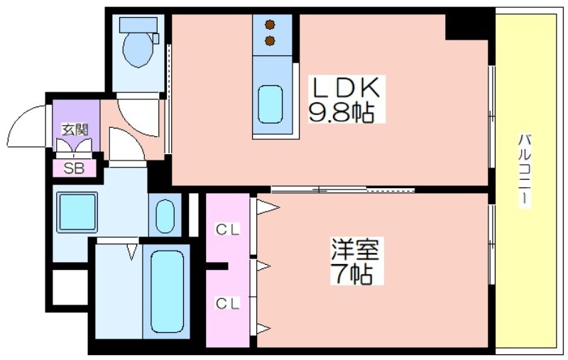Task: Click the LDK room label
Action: click(x=346, y=87)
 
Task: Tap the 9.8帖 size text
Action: click(x=342, y=111)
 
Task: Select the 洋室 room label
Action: click(x=355, y=249)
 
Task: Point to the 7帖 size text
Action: click(x=351, y=273)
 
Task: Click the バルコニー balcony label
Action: click(x=525, y=170)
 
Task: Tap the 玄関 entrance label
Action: click(x=75, y=130)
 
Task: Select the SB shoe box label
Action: click(x=74, y=168)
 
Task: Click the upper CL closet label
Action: click(x=228, y=229)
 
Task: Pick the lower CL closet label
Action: click(x=228, y=303)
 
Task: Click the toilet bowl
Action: click(x=138, y=49)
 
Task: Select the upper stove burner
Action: click(x=270, y=25)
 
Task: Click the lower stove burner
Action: click(x=270, y=41)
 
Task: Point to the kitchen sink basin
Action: click(x=271, y=104)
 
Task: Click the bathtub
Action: click(x=167, y=292)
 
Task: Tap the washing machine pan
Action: click(x=77, y=212)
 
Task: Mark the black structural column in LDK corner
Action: click(x=466, y=26)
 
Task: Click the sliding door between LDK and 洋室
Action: click(x=343, y=189)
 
